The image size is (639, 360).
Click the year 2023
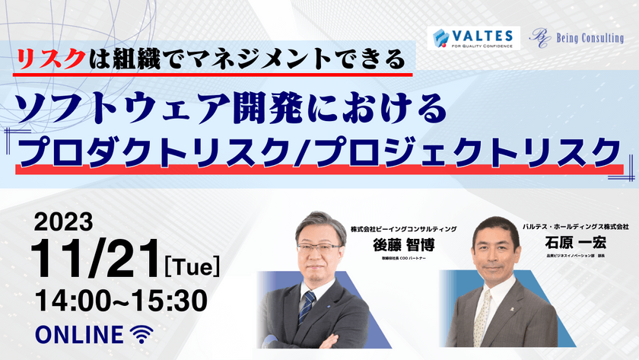click(64, 221)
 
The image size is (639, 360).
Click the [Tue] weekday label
click(192, 266)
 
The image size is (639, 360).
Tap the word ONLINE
click(79, 334)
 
